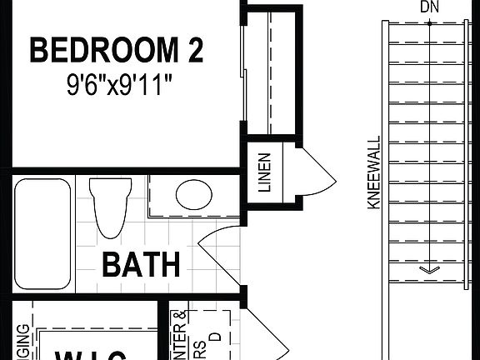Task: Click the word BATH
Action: point(141,265)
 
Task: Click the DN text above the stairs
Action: point(429,7)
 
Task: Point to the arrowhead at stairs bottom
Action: point(429,268)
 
